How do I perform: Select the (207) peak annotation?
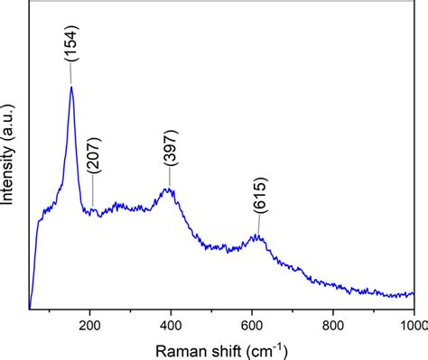click(94, 156)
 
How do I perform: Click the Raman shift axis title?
click(222, 348)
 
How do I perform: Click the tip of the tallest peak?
click(71, 87)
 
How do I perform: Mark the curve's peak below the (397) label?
click(169, 189)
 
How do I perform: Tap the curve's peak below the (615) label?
click(258, 236)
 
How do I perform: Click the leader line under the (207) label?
click(92, 193)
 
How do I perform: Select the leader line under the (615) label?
click(259, 226)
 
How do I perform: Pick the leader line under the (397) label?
click(170, 180)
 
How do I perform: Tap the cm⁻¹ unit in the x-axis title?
click(268, 347)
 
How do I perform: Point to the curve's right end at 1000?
click(414, 294)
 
